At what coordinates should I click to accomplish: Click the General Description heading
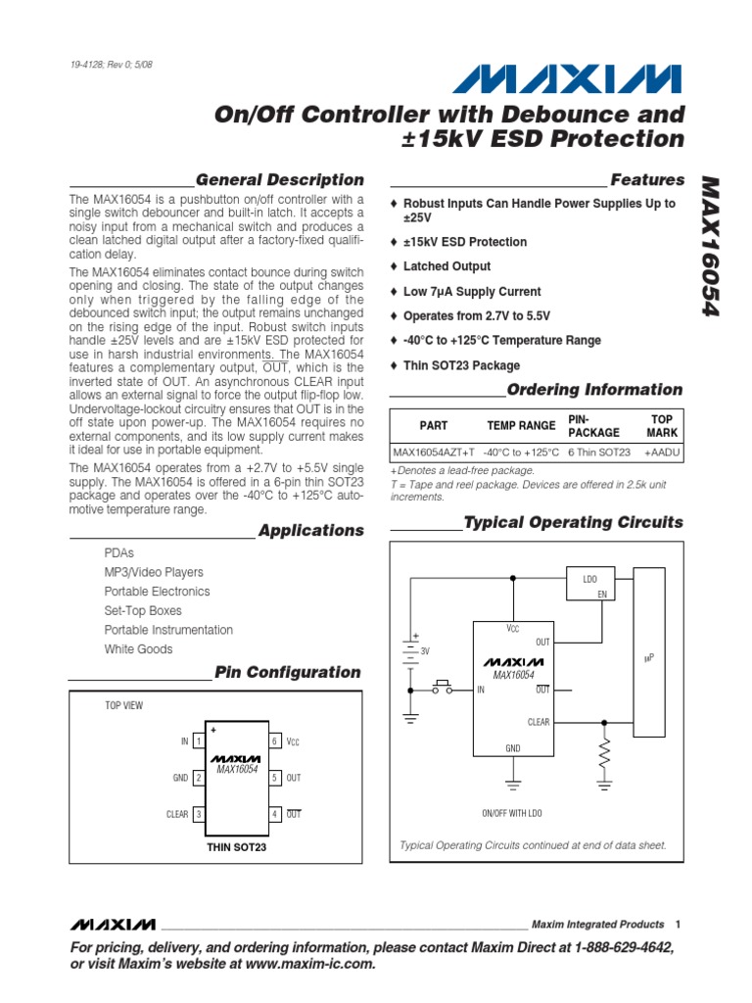279,180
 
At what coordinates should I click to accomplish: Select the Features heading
647,180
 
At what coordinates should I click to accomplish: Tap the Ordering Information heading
594,389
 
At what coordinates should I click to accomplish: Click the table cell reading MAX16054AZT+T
433,452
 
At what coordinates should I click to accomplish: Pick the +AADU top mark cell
662,452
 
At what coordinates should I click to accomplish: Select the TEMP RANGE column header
521,425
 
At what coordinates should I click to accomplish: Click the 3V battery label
425,650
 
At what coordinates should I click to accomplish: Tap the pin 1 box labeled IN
198,741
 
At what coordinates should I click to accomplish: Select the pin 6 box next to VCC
276,741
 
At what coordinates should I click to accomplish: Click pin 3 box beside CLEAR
198,814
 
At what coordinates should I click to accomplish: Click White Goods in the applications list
138,649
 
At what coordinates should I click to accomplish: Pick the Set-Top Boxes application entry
143,610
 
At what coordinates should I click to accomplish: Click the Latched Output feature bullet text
446,266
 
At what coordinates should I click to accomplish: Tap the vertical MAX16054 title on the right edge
712,246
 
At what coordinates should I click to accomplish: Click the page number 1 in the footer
678,924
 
